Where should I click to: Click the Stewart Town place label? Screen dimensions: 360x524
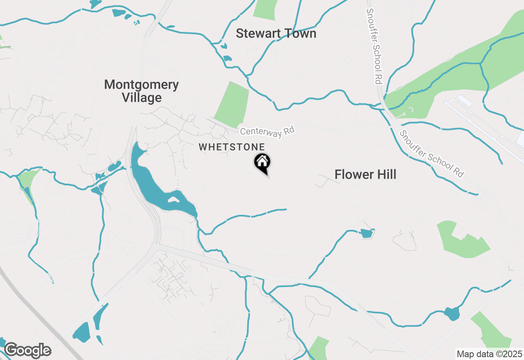coord(276,34)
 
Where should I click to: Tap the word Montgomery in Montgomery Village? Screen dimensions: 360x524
coord(141,85)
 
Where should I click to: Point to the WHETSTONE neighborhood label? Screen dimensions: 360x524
coord(232,147)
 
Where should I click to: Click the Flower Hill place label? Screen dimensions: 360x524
coord(365,175)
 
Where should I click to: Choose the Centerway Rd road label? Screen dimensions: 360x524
coord(267,132)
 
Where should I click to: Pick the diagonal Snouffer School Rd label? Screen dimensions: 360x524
coord(431,153)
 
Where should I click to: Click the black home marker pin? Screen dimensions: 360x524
coord(262,162)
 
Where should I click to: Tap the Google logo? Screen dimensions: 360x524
coord(27,350)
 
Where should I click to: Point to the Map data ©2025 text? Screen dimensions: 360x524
coord(489,354)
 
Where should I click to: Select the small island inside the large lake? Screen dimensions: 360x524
coord(174,200)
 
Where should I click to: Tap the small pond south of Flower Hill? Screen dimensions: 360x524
coord(366,234)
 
